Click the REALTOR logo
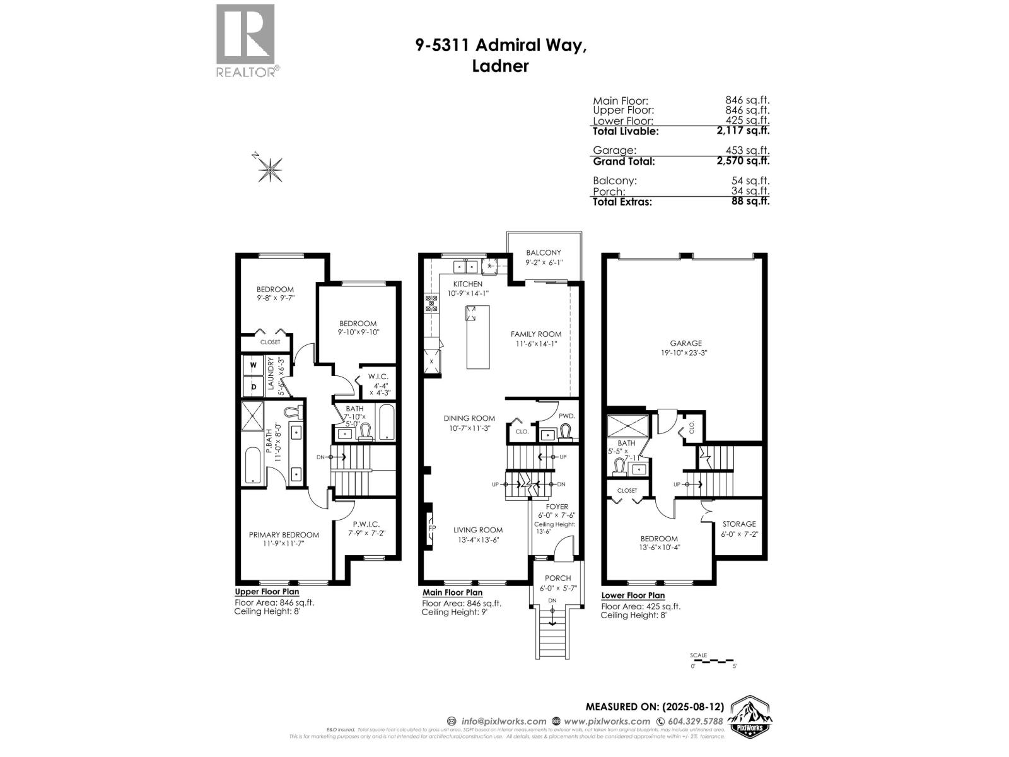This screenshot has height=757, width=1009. point(245,40)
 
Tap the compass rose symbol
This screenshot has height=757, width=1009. point(269,168)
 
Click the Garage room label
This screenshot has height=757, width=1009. point(685,344)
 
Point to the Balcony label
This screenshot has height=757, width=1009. point(543,253)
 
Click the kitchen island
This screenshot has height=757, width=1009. point(477,337)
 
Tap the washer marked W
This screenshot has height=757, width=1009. point(254,365)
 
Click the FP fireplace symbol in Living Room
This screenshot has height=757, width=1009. point(431,528)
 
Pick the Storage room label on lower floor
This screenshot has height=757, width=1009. point(738,524)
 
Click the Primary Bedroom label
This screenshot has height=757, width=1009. point(284,535)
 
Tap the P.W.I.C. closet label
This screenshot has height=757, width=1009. point(366,524)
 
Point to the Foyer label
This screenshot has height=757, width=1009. point(557,507)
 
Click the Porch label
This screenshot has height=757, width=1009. point(557,578)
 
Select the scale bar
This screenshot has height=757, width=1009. point(713,661)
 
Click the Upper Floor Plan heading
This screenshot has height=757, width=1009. point(267,592)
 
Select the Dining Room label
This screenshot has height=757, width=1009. point(469,418)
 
